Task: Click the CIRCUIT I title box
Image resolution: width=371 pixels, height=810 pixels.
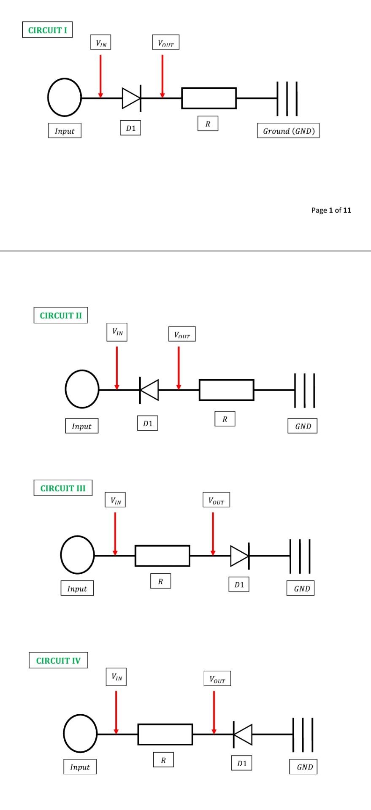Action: coord(47,30)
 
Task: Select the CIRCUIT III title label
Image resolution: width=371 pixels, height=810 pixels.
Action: coord(63,488)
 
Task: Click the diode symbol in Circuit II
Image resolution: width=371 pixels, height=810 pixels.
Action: coord(149,390)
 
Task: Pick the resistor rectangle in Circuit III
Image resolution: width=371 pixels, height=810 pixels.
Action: coord(162,556)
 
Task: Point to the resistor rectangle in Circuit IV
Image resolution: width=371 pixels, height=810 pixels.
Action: coord(165,734)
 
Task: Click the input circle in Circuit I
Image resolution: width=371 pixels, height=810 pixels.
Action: coord(65,97)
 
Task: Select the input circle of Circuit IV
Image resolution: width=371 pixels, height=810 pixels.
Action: coord(80,734)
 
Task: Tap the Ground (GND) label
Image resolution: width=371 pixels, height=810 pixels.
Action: coord(289,131)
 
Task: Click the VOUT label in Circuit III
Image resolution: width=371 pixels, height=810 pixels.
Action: coord(217,500)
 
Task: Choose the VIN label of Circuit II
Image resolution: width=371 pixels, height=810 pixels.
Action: coord(117,332)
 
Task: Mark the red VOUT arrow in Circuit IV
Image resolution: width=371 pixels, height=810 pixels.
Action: coord(214,713)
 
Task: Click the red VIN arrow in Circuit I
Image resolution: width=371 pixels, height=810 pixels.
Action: coord(100,76)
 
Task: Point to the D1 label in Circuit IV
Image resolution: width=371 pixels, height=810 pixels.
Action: coord(242,763)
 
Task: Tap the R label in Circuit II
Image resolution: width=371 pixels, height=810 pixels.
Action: coord(225,419)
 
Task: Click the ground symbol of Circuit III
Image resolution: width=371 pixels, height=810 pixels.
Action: coord(300,556)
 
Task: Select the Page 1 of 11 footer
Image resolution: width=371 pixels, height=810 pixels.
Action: coord(331,210)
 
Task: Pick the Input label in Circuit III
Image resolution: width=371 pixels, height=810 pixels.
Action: coord(77,589)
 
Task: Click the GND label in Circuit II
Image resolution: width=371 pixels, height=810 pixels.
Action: coord(303,426)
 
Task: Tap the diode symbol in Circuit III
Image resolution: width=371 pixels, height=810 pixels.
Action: coord(240,556)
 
